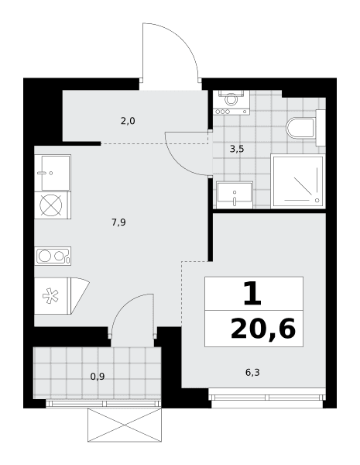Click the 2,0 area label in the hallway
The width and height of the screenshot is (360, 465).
click(128, 121)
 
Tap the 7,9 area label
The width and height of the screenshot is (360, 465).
click(118, 222)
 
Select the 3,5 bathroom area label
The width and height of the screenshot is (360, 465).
click(237, 149)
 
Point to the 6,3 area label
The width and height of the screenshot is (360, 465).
click(252, 372)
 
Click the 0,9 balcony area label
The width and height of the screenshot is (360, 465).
click(98, 377)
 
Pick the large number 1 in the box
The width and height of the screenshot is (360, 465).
click(252, 294)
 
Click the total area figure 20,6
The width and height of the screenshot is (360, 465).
click(263, 329)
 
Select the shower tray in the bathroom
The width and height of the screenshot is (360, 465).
click(298, 181)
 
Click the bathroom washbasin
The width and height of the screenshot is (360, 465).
click(235, 195)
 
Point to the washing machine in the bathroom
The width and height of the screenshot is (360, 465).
click(231, 102)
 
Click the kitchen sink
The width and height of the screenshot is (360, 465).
click(53, 173)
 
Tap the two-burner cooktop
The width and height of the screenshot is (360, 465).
click(53, 256)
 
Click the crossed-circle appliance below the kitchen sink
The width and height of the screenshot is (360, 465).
click(51, 205)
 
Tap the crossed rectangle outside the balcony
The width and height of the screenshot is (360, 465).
click(125, 425)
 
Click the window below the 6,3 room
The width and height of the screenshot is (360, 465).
click(267, 398)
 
